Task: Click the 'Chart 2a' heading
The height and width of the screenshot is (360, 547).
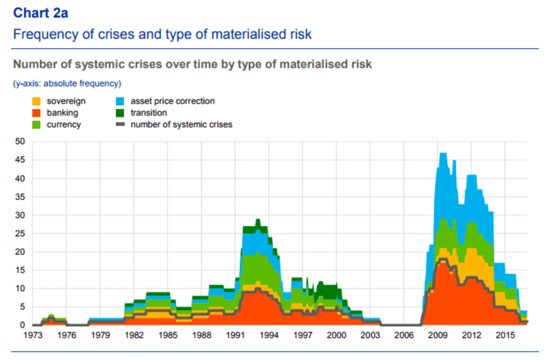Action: click(x=41, y=13)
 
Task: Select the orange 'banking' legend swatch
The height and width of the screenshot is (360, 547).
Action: click(x=37, y=113)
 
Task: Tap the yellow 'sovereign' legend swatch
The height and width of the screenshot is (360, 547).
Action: click(x=37, y=101)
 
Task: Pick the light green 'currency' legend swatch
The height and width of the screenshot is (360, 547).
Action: click(x=37, y=125)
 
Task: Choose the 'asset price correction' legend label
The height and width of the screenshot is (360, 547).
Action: click(x=173, y=101)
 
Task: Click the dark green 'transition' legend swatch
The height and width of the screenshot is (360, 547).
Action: click(x=121, y=113)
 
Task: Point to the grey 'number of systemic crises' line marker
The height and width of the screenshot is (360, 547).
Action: click(x=121, y=125)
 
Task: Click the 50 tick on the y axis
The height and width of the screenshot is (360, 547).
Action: click(x=20, y=142)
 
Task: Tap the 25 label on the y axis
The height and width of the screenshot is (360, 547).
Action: click(x=20, y=234)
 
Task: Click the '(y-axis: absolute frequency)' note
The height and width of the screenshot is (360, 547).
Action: click(x=67, y=84)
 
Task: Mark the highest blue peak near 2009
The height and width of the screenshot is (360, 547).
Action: click(x=443, y=154)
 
